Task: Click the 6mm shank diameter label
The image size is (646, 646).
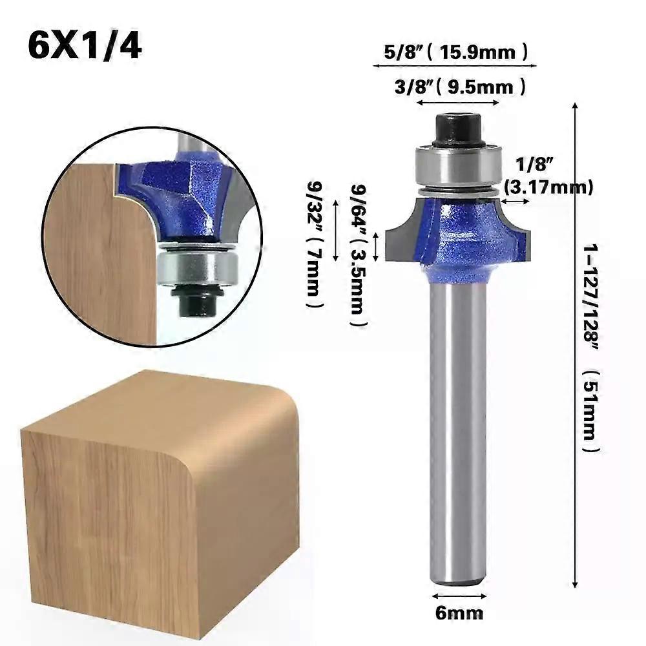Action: tap(459, 612)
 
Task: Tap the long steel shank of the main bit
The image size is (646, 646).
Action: tap(458, 426)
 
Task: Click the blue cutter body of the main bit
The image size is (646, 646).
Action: tap(462, 239)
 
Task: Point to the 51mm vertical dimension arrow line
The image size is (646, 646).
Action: tap(575, 349)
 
